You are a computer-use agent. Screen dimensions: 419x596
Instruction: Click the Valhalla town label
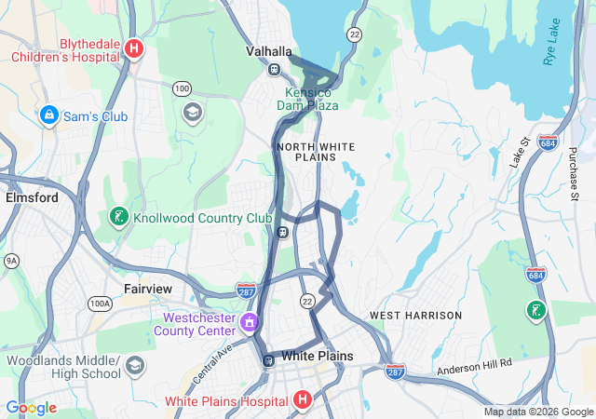[x=269, y=51]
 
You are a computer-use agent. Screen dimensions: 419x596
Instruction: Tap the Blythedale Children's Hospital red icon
[x=135, y=48]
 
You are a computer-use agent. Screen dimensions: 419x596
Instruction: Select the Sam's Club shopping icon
[x=48, y=115]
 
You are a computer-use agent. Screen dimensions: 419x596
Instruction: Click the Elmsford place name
[x=32, y=197]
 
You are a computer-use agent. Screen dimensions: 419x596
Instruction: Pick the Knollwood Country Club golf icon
[x=118, y=218]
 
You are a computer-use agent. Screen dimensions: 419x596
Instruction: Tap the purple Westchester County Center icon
[x=249, y=323]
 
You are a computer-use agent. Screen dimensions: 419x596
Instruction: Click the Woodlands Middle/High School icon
[x=135, y=364]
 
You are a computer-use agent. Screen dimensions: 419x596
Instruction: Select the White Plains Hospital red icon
[x=302, y=400]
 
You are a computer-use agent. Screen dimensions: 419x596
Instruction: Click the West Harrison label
[x=415, y=316]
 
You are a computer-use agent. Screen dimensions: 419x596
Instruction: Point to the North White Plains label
[x=316, y=152]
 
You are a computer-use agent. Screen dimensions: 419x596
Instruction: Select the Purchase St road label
[x=573, y=171]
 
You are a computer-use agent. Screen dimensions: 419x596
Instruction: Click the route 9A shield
[x=11, y=261]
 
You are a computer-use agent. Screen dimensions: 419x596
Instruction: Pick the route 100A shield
[x=99, y=304]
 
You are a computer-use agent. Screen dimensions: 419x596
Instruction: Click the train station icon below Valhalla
[x=275, y=69]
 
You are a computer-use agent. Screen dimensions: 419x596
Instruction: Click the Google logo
[x=32, y=408]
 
